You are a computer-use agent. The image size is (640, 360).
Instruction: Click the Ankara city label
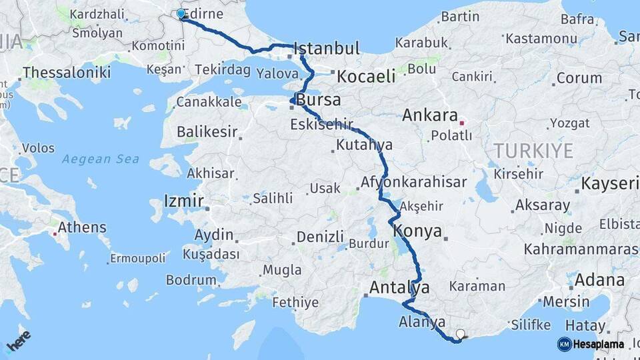coord(430,115)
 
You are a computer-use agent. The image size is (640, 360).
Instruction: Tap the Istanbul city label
coord(327,48)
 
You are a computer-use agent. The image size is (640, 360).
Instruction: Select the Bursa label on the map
coord(318,101)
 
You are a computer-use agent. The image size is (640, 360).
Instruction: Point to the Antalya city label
coord(399,287)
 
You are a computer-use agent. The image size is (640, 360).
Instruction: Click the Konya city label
coord(418,231)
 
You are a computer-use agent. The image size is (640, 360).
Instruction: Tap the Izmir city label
coord(184,201)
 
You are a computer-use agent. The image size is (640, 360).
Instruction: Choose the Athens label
coord(82,227)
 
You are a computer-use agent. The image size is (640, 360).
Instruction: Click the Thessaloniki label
coord(67,73)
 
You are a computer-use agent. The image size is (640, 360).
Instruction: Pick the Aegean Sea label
coord(101,159)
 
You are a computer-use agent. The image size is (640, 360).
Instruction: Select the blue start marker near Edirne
coord(181,13)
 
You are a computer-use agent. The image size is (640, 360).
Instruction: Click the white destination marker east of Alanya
coord(460,333)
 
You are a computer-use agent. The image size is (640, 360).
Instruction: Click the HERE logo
coord(18,342)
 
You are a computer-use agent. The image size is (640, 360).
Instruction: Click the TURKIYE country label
coord(533,151)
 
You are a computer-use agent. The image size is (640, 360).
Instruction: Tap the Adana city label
coord(599,279)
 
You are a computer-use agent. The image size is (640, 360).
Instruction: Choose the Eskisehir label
coord(321,125)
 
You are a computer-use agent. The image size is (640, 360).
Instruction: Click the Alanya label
coord(421,322)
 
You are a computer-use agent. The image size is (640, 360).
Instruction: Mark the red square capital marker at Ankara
coord(461,123)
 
